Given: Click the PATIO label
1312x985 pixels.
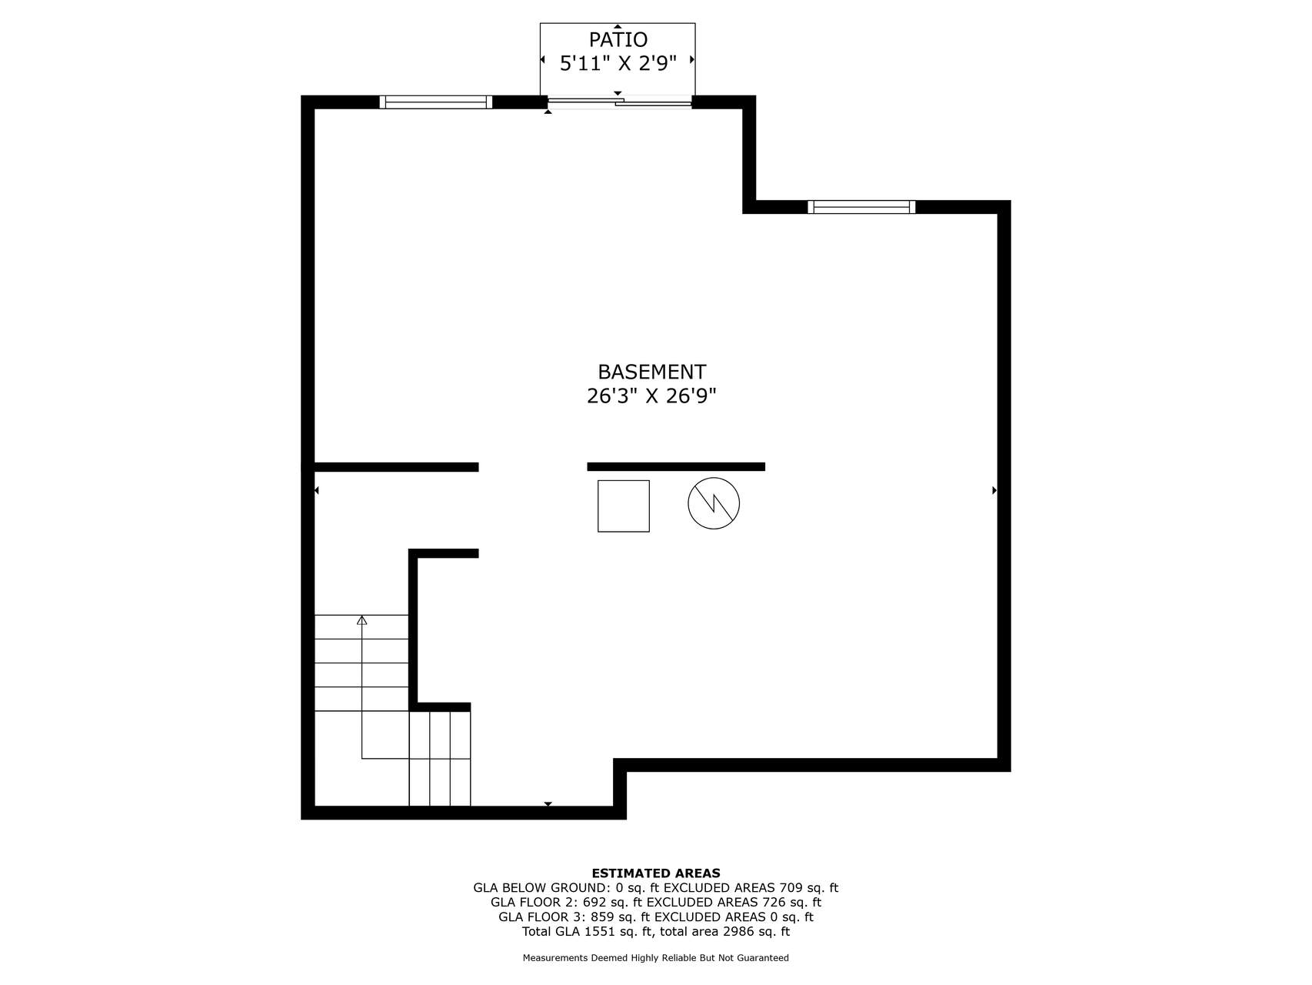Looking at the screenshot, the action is coord(618,39).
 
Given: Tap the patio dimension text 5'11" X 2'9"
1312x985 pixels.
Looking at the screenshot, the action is coord(618,63).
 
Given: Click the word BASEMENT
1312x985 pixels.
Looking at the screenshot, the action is coord(651,372).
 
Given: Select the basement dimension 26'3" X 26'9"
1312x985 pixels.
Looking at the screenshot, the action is coord(651,396).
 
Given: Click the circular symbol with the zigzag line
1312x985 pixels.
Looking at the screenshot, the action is coord(714,504).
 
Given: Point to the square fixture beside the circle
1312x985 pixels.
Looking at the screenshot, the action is coord(624,506).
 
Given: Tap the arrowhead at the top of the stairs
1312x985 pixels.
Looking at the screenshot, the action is coord(361,619).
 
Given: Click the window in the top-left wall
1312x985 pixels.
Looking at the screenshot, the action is coord(436,102).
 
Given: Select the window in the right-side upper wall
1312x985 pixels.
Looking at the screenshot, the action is coord(861,206).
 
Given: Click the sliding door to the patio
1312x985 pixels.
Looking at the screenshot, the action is coord(619,101).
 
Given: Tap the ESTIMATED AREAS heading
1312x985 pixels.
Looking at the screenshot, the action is coord(656,873).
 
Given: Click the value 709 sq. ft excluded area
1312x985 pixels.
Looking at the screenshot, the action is coord(809,887).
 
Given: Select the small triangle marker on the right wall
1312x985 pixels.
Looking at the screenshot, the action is coord(994,490).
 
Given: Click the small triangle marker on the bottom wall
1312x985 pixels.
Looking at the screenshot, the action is coord(548,804).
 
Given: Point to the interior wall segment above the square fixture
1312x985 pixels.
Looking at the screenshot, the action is coord(676,466).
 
